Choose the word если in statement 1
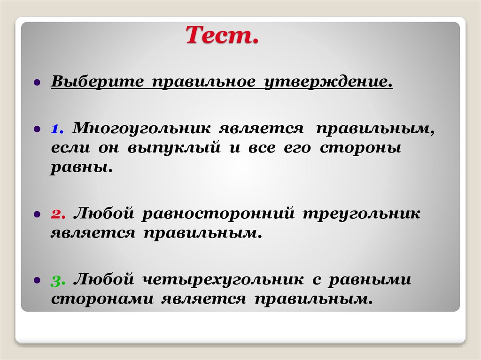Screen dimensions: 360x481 coord(70,148)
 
